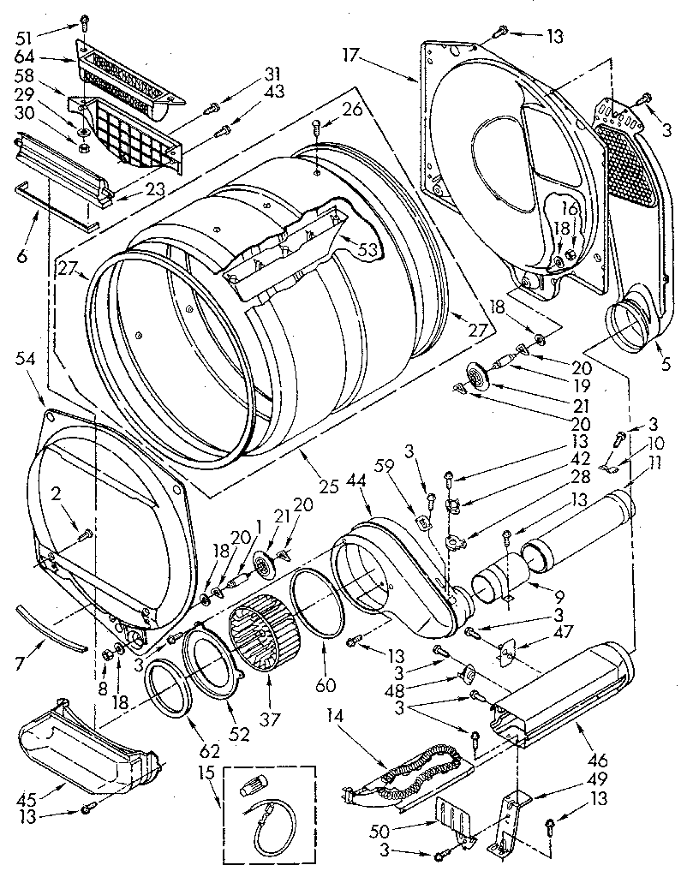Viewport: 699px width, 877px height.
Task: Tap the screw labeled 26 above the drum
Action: pyautogui.click(x=317, y=128)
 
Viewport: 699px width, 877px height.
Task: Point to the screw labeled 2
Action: pyautogui.click(x=86, y=536)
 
